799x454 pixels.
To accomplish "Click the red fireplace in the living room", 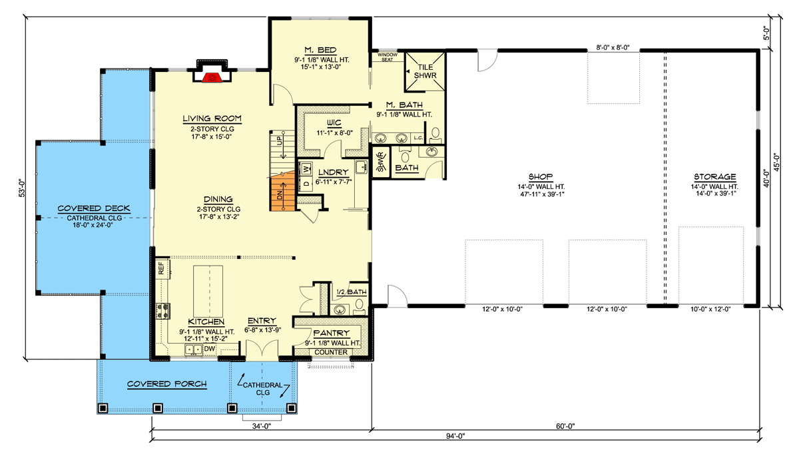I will point(212,77).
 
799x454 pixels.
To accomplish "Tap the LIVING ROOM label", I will point(212,119).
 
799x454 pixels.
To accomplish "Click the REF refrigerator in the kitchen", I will point(160,269).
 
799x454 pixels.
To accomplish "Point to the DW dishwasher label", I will point(209,348).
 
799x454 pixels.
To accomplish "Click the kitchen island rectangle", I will point(208,289).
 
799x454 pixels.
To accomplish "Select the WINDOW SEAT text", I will point(387,57).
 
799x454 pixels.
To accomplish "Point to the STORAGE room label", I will point(714,177).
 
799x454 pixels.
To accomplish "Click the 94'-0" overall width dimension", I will point(455,436).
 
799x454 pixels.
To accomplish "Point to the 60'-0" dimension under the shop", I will point(563,426).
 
